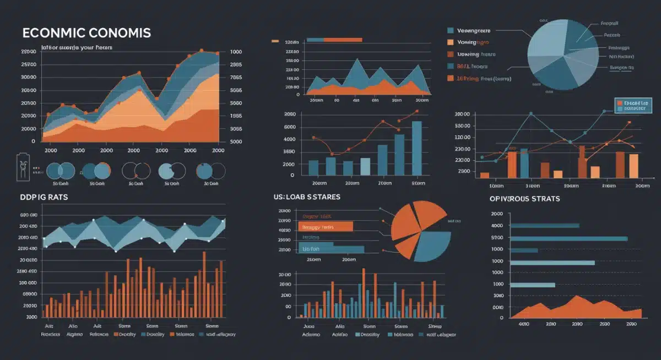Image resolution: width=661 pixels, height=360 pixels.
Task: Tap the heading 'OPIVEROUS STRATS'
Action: click(x=524, y=198)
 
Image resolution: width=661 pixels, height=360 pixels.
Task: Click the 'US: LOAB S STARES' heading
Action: click(x=306, y=197)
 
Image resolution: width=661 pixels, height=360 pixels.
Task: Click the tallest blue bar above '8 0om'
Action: click(x=417, y=148)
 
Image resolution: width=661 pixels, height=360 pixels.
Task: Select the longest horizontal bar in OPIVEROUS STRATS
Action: click(x=568, y=238)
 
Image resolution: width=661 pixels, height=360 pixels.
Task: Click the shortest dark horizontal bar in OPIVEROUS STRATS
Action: click(x=523, y=250)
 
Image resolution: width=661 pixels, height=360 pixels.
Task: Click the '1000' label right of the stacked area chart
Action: click(x=236, y=52)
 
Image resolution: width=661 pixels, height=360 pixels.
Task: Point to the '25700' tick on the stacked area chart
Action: click(x=28, y=64)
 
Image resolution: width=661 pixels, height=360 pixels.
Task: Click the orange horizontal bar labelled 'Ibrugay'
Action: click(x=325, y=226)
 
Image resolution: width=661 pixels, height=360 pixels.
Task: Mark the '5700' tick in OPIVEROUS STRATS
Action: click(x=497, y=238)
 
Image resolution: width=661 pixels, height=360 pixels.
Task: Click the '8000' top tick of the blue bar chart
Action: click(x=290, y=114)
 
